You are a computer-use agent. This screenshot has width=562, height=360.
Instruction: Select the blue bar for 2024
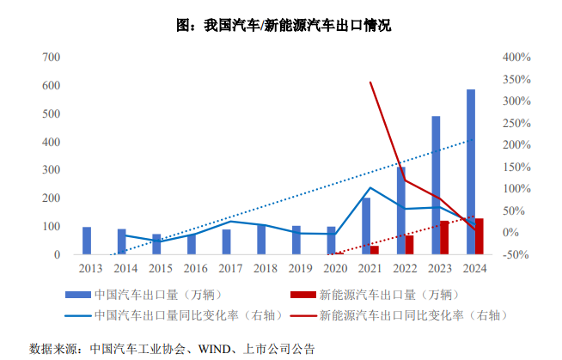[471, 172]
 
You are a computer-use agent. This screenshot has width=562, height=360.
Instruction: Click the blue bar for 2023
[436, 185]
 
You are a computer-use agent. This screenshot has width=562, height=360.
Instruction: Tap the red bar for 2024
[480, 237]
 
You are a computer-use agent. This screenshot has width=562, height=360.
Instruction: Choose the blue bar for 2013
[87, 241]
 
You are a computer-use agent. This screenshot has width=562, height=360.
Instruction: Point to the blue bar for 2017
[227, 242]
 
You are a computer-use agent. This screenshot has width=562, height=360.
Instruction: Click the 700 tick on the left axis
[51, 58]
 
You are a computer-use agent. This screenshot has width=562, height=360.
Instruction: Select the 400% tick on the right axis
[516, 58]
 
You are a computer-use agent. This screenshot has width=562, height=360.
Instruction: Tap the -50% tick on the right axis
[516, 255]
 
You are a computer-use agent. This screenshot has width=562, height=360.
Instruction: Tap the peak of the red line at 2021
[370, 82]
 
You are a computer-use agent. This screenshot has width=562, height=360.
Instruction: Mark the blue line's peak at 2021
[370, 187]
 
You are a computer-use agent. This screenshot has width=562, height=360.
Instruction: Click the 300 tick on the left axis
[51, 171]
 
